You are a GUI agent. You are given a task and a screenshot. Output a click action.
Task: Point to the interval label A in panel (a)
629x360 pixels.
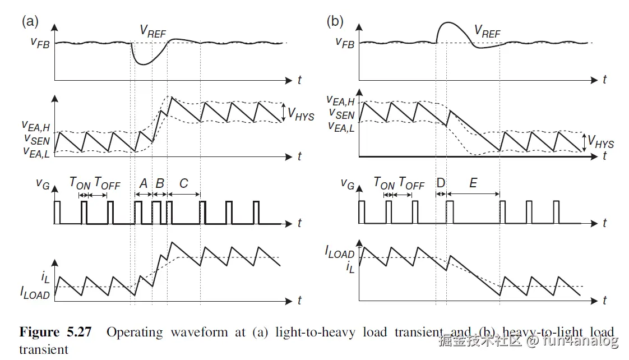click(x=143, y=183)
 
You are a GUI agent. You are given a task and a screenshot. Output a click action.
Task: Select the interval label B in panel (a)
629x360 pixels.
click(x=160, y=183)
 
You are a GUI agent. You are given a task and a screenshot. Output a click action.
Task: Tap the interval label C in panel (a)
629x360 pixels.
click(x=184, y=183)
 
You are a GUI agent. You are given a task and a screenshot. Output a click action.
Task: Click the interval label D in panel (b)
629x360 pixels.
click(x=441, y=183)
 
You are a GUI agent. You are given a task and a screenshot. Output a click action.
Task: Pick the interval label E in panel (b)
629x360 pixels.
click(x=473, y=183)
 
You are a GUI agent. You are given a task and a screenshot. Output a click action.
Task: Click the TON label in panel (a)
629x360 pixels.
click(x=80, y=183)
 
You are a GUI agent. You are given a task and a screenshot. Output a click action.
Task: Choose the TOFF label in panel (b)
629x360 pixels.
click(x=411, y=183)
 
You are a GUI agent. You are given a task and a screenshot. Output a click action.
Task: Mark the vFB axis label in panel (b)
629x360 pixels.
click(x=344, y=43)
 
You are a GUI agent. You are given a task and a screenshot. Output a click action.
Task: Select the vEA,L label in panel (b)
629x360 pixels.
click(x=341, y=126)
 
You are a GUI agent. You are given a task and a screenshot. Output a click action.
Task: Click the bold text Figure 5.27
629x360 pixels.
click(x=55, y=332)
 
